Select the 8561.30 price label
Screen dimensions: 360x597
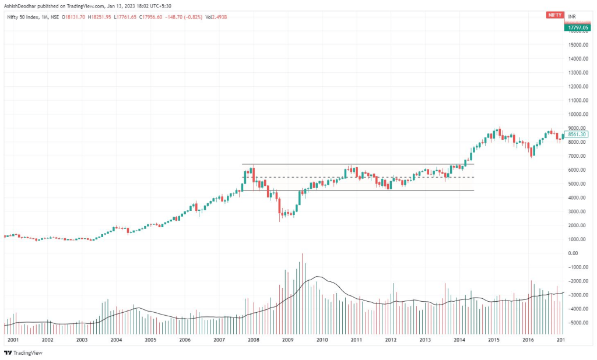[576, 134]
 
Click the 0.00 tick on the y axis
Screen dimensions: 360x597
[577, 253]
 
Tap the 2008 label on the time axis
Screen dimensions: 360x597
[253, 340]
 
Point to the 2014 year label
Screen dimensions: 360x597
[459, 340]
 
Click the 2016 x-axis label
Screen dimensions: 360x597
[528, 340]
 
